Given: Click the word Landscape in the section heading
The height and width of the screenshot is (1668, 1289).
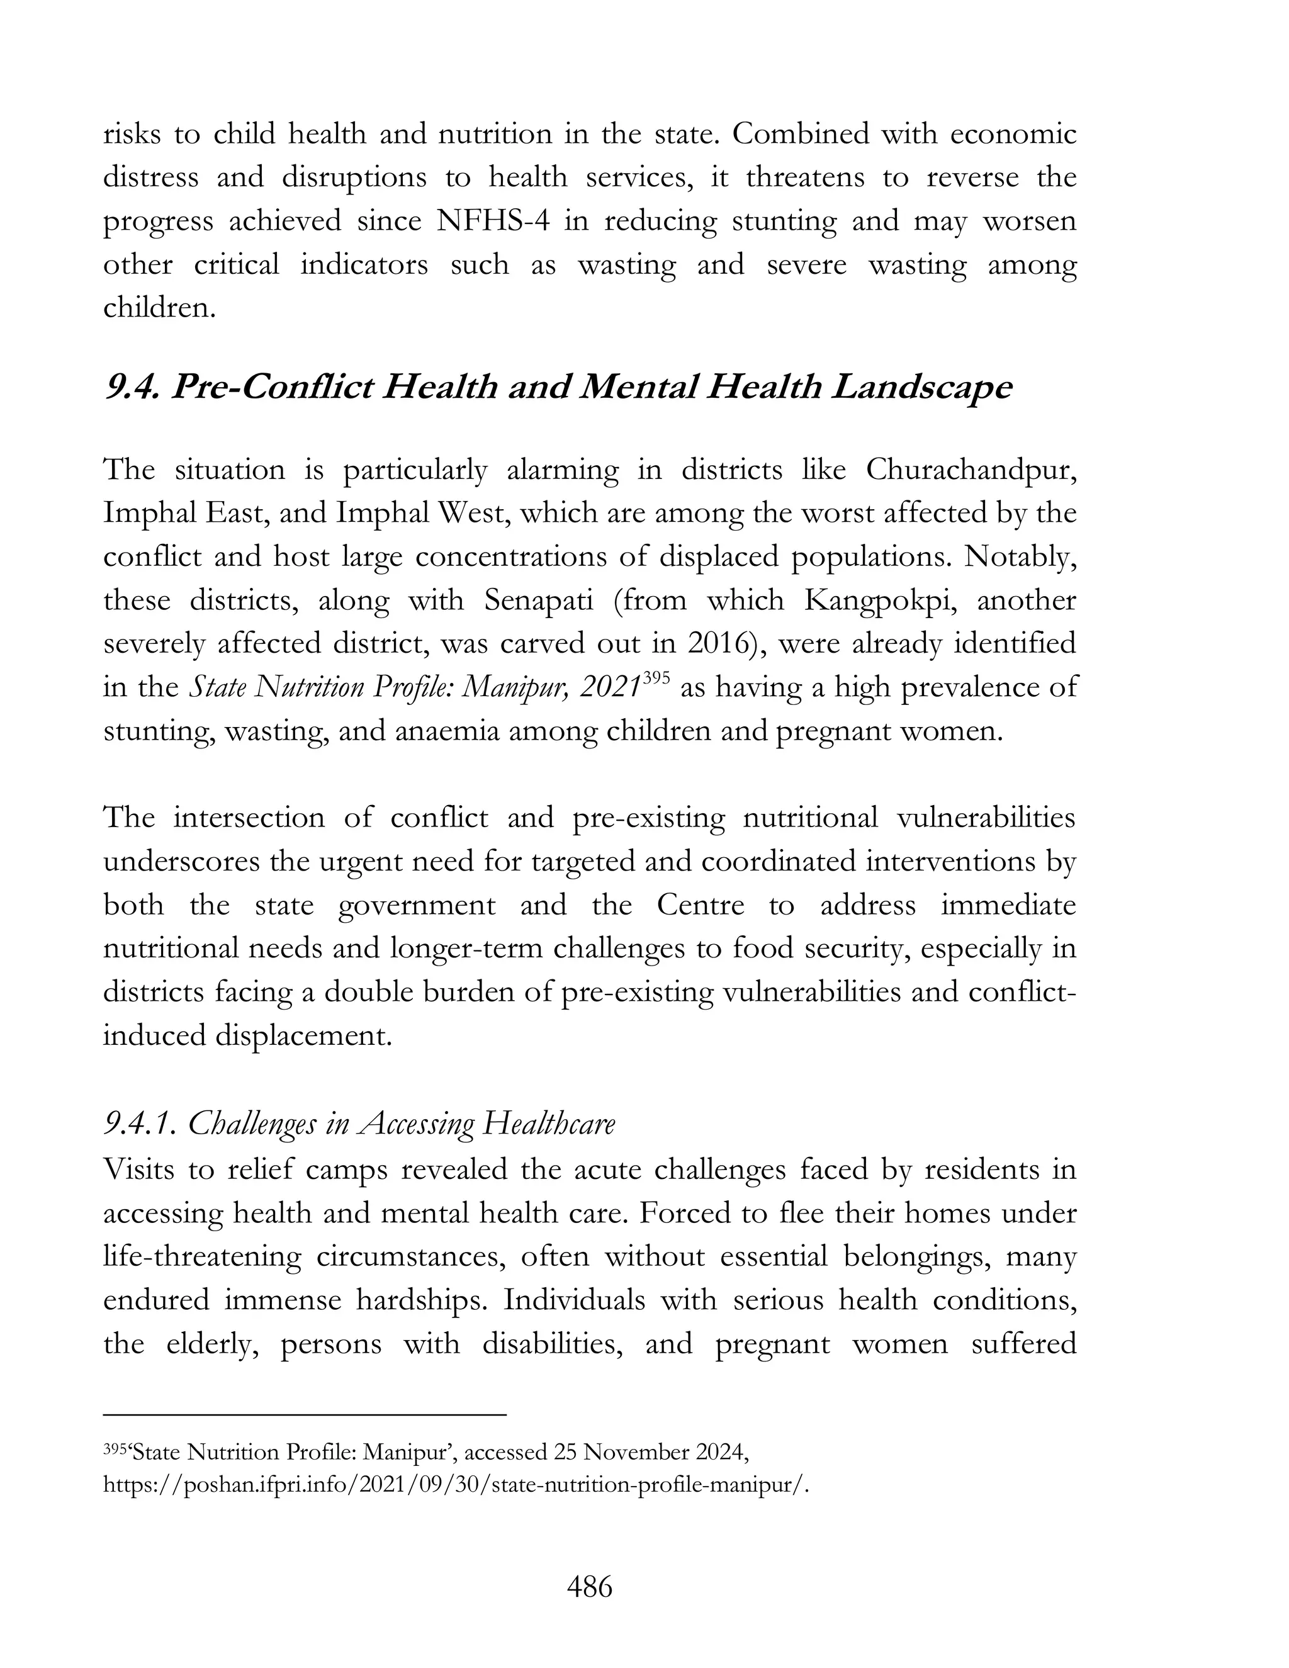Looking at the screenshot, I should tap(921, 388).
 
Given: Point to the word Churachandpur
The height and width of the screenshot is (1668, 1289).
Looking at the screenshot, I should tap(971, 470).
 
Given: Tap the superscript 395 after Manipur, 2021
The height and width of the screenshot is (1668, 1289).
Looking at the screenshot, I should tap(656, 677).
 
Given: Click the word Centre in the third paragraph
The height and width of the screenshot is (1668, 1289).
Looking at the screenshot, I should tap(699, 905).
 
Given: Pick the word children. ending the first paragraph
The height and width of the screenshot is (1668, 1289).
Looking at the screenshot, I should tap(160, 308).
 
